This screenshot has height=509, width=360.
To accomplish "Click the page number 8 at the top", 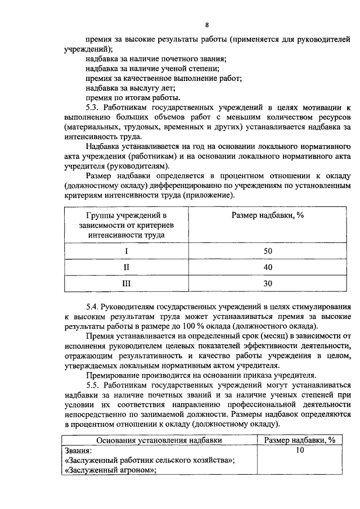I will [207, 25].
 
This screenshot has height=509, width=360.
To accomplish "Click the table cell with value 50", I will [267, 250].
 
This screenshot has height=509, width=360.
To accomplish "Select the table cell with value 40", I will [267, 267].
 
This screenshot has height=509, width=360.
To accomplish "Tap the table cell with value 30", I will [267, 283].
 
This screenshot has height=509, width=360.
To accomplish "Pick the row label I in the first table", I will [126, 250].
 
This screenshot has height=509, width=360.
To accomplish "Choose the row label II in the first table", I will [126, 267].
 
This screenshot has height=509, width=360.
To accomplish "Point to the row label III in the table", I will [126, 283].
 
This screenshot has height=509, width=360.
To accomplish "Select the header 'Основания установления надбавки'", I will [159, 440].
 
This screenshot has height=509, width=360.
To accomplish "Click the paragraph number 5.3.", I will [93, 107].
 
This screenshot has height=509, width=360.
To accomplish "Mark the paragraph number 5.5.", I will [93, 384].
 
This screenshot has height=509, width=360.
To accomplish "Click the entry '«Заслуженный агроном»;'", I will [110, 471].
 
